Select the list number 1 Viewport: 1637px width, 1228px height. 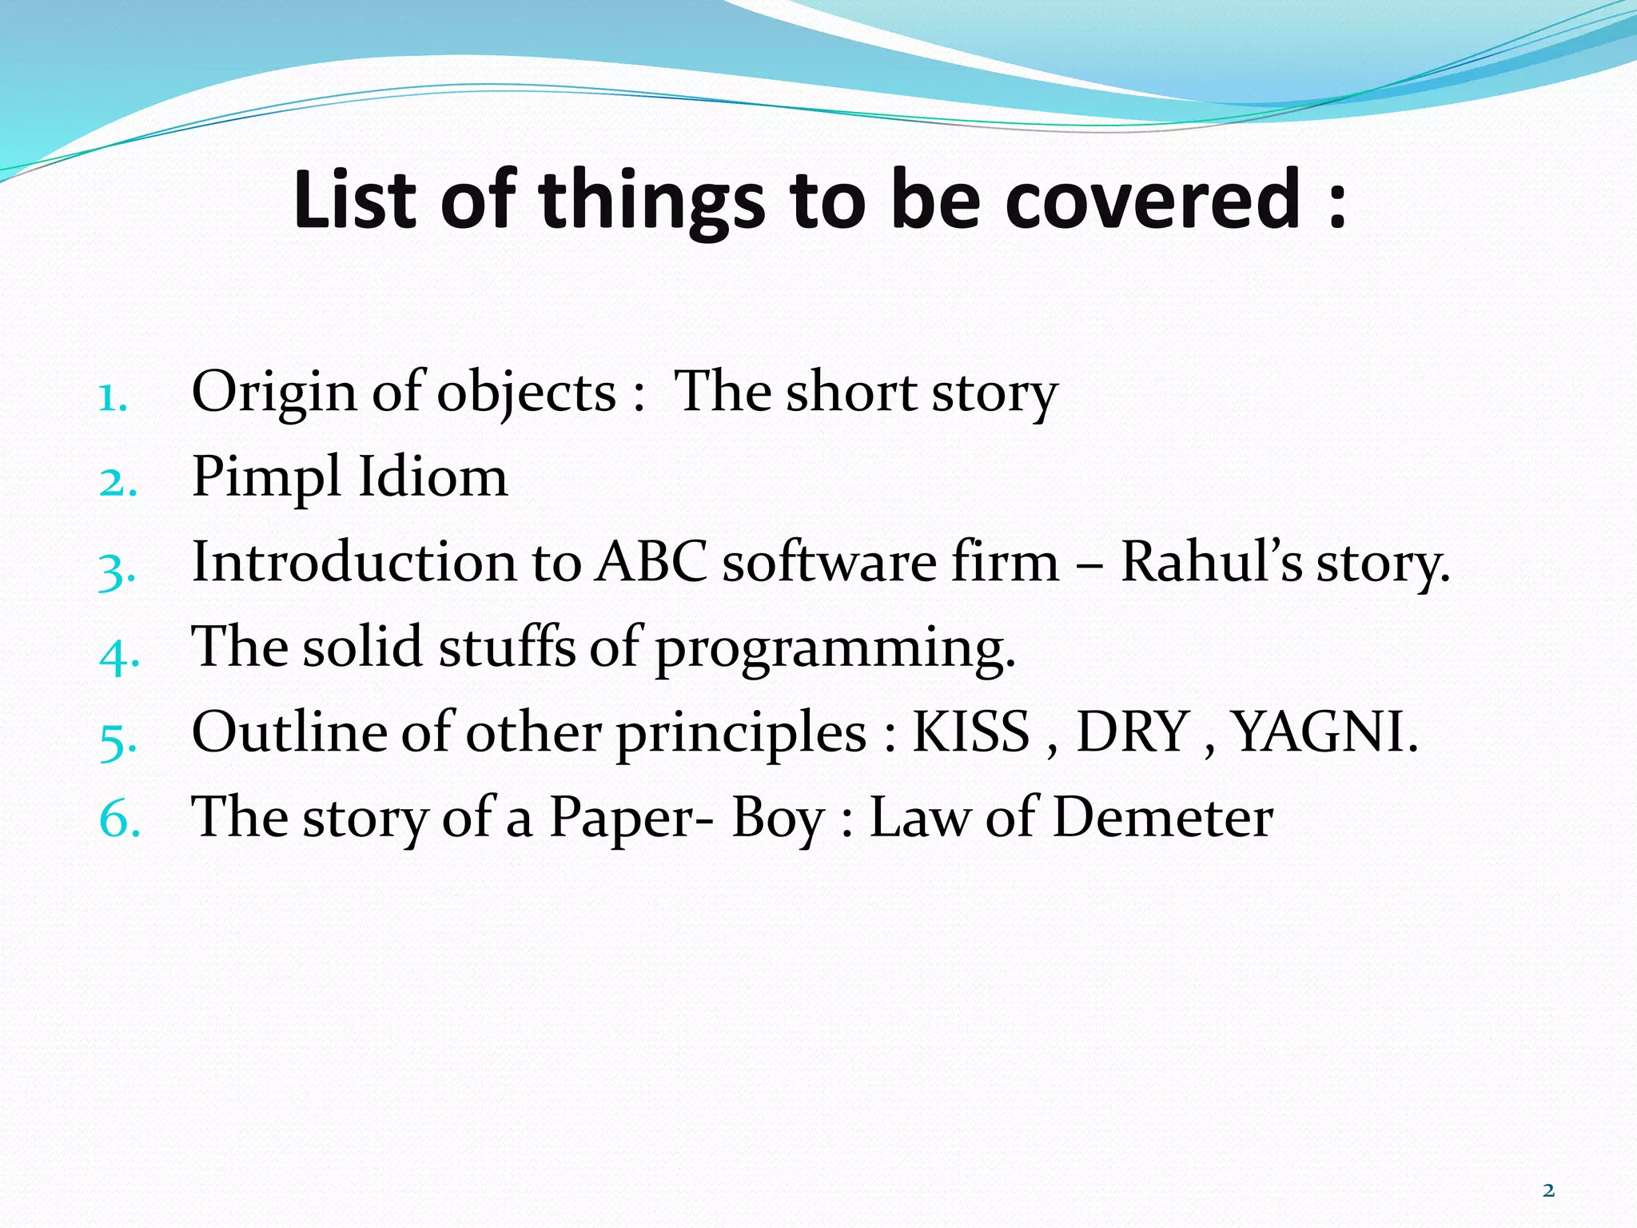112,397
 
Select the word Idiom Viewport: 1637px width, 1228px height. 432,476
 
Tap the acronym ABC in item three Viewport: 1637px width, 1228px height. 651,561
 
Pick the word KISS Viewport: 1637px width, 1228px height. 971,732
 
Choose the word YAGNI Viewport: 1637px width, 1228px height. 1323,732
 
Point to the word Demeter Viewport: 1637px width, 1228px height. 1163,817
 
